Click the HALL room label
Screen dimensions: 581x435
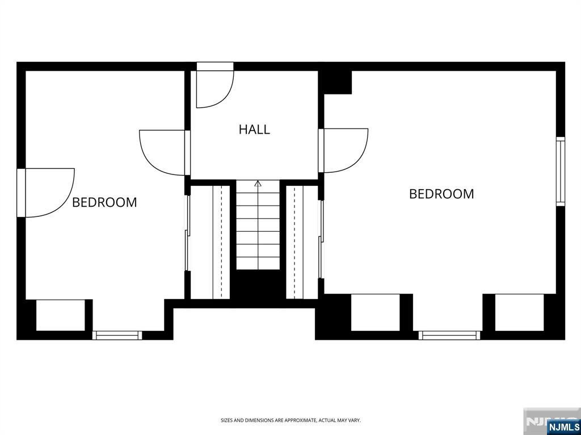click(x=254, y=130)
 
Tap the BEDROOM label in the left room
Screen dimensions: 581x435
click(x=104, y=202)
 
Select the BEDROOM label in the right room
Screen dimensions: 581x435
click(x=441, y=194)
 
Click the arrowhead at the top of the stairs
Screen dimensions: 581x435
click(x=258, y=183)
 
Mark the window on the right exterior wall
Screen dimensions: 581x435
click(x=560, y=172)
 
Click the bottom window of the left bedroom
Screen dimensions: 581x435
click(x=117, y=335)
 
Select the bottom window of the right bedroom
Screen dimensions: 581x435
click(x=449, y=335)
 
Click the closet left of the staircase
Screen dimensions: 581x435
click(x=210, y=242)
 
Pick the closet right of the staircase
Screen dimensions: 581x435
click(x=302, y=242)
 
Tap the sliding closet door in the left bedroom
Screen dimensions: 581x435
click(x=187, y=233)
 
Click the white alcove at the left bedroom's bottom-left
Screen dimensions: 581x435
click(x=60, y=315)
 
